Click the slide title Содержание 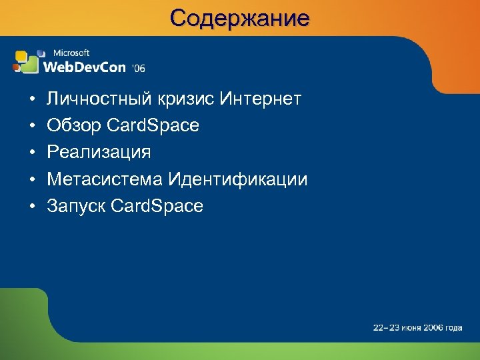coord(239,17)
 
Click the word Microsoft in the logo coord(71,53)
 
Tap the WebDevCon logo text coord(85,66)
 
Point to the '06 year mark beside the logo coord(138,68)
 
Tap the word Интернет coord(261,100)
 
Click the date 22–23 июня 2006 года coord(417,327)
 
